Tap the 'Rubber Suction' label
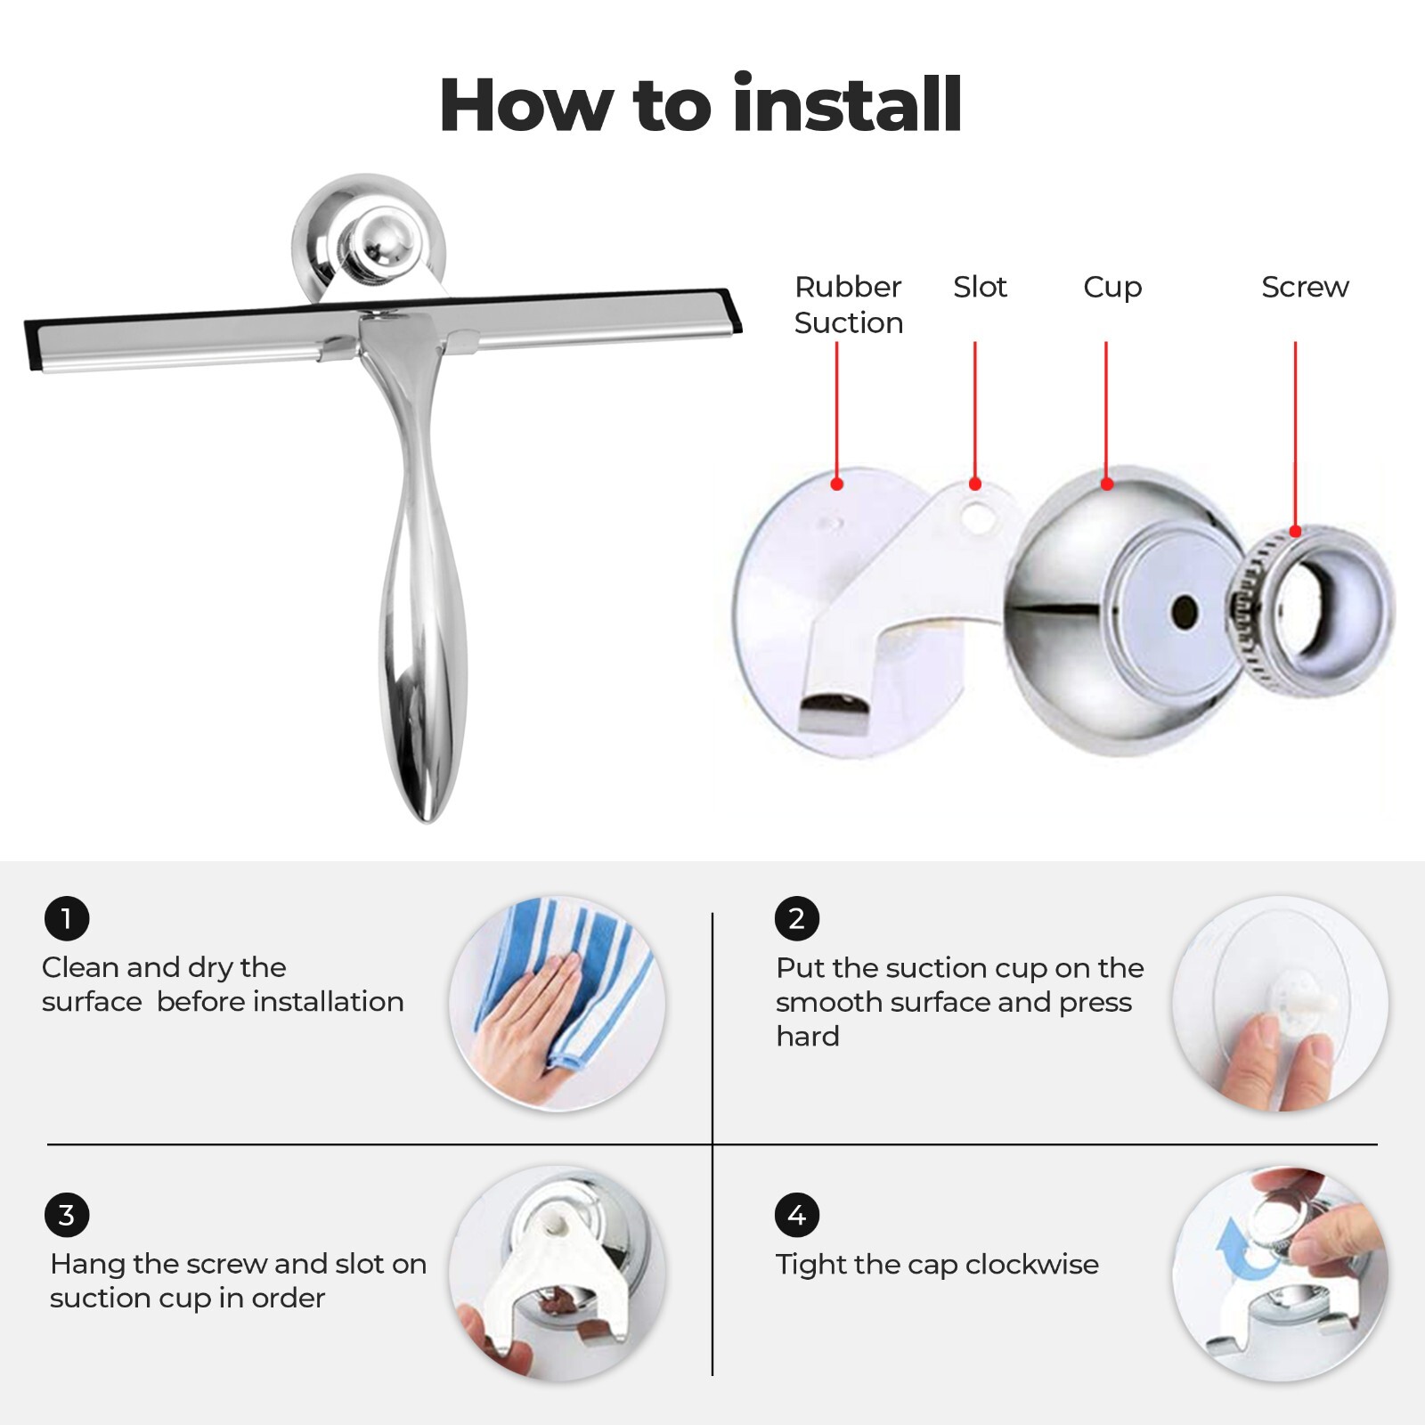(x=848, y=305)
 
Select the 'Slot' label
(x=980, y=287)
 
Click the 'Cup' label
(x=1112, y=288)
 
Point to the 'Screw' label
(x=1305, y=287)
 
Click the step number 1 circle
(x=67, y=918)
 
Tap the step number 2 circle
(x=796, y=918)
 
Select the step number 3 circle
(x=67, y=1215)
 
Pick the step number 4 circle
(x=796, y=1215)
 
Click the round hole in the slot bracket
(x=978, y=516)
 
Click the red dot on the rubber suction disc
(x=836, y=484)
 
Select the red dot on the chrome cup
(x=1107, y=484)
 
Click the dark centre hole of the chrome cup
(x=1185, y=611)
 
